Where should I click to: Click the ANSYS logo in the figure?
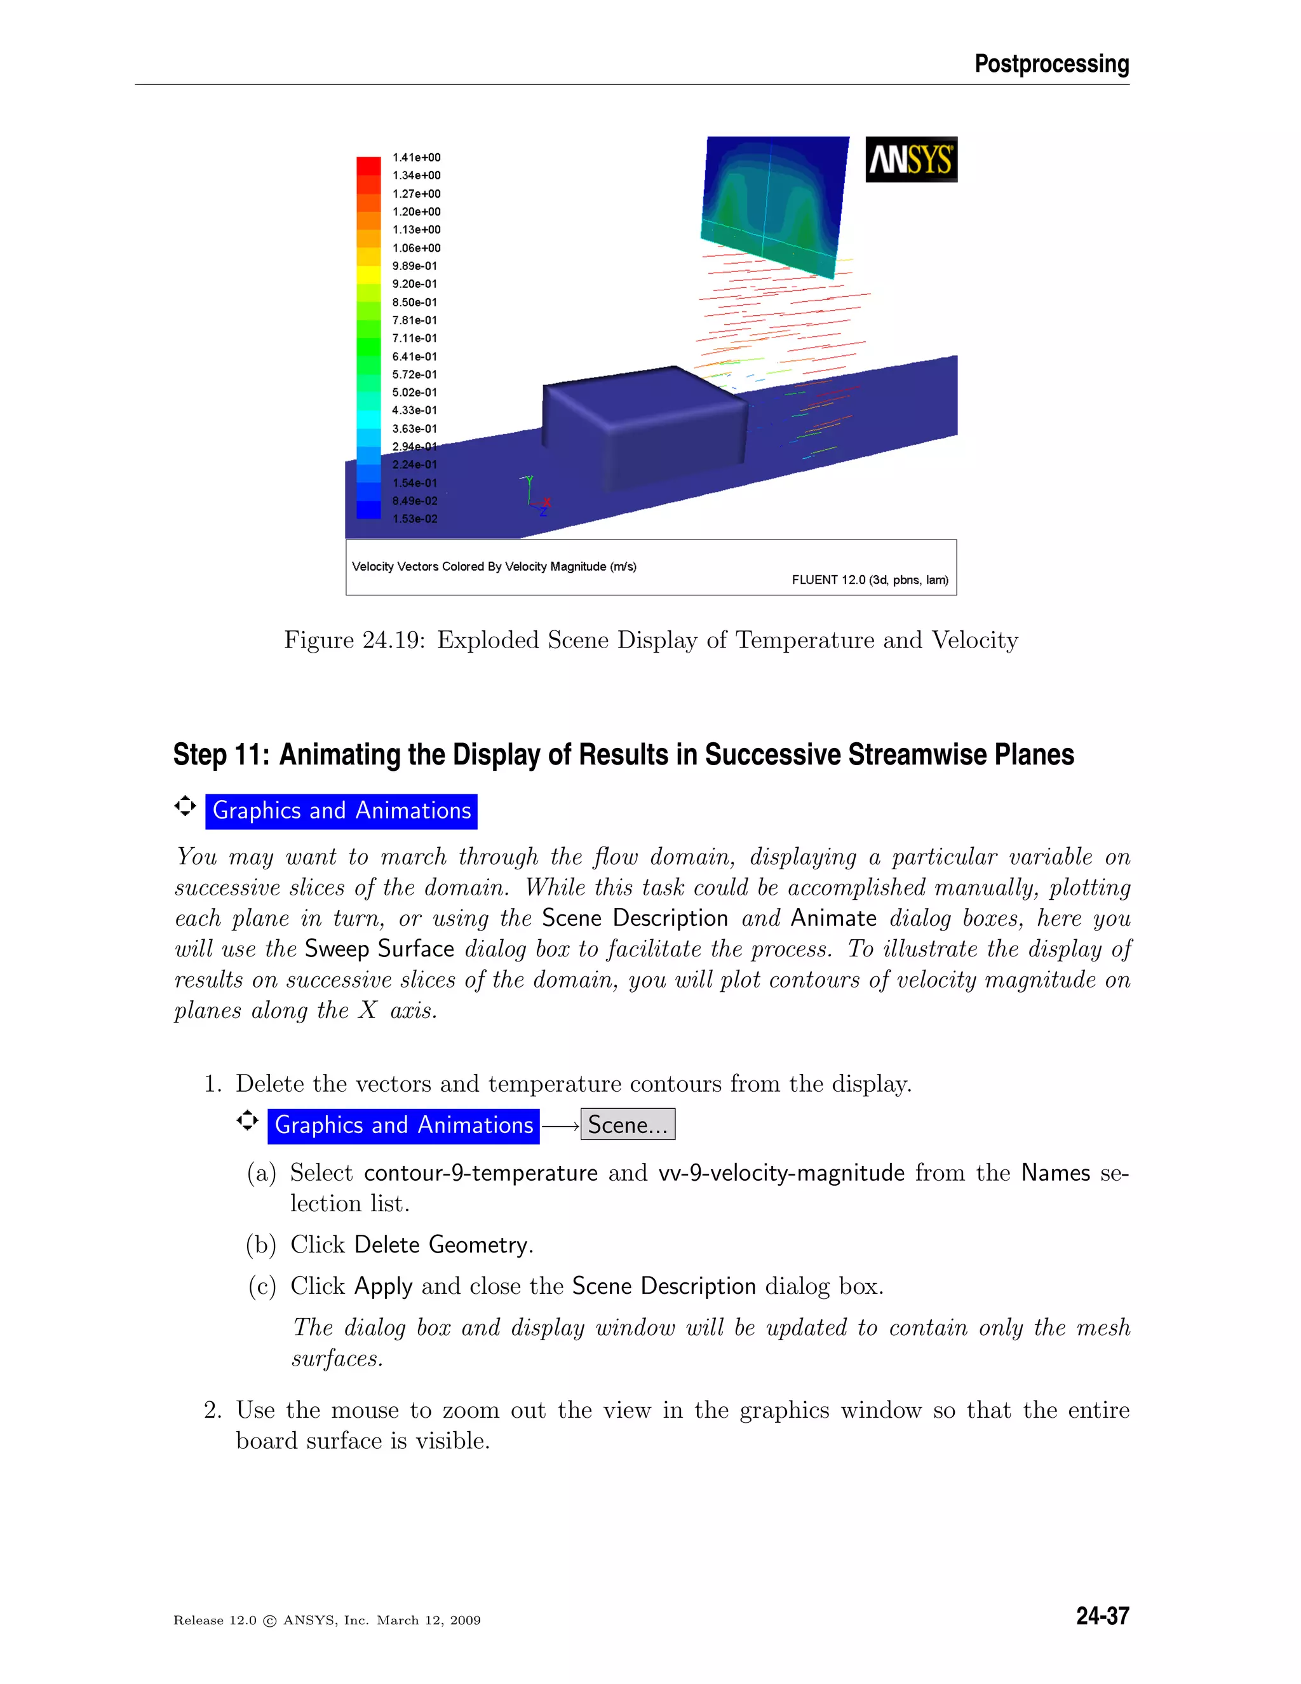pos(911,160)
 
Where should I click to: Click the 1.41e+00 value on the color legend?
pos(416,158)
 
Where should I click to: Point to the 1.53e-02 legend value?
pos(415,519)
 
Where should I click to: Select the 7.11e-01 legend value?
pos(414,339)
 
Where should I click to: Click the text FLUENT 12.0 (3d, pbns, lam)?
pos(870,580)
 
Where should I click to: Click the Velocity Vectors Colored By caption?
pos(493,567)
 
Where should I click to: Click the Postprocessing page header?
pos(1051,64)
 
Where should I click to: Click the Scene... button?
pos(628,1125)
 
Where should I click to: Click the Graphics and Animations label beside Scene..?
pos(403,1126)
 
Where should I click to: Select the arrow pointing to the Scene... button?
pos(560,1127)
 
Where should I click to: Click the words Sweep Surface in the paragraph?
pos(379,949)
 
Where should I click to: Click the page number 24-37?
pos(1102,1616)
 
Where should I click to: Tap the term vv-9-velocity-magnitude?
pos(781,1174)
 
